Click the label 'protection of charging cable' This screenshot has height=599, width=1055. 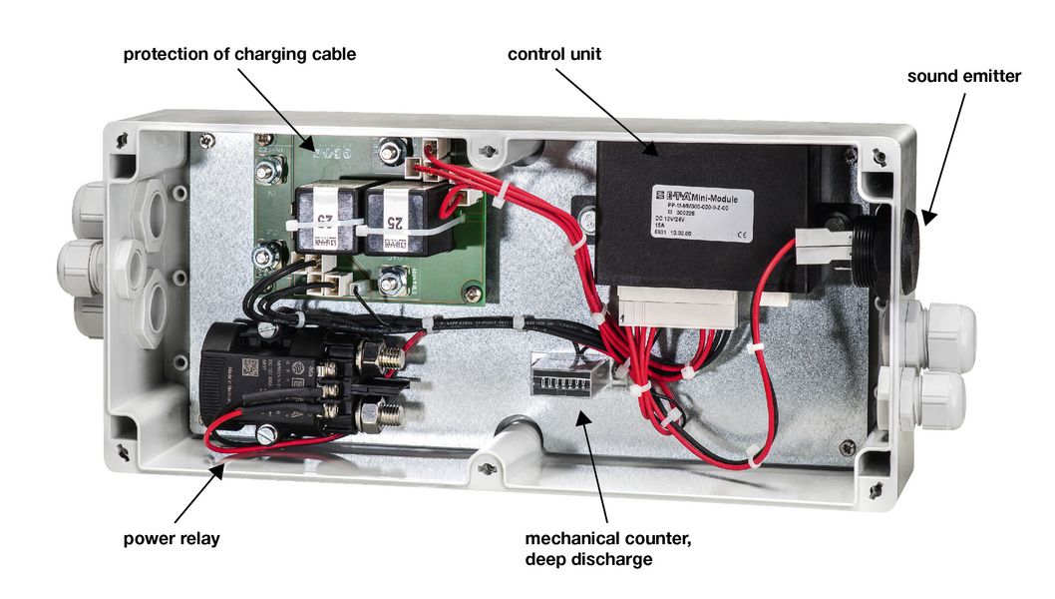point(239,53)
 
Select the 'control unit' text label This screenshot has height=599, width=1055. point(553,53)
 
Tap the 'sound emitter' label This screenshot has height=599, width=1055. point(963,76)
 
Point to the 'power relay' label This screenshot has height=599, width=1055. point(172,539)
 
